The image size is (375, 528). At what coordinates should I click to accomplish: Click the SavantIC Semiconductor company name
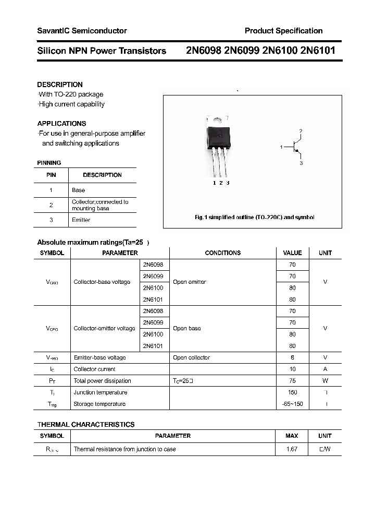[82, 31]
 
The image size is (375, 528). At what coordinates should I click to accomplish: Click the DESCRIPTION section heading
[60, 85]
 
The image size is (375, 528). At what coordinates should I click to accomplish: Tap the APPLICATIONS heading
[61, 124]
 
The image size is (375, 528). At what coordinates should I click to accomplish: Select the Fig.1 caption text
[254, 217]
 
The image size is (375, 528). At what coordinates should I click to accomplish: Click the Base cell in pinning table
[78, 190]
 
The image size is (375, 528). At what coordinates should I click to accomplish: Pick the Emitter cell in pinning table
[81, 220]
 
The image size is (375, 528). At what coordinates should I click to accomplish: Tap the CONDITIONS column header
[222, 253]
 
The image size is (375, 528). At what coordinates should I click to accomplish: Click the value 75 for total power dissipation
[292, 381]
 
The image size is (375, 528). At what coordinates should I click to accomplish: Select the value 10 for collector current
[292, 369]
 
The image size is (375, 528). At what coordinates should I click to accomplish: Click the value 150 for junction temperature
[292, 392]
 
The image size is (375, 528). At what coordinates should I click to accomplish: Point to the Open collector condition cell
[191, 358]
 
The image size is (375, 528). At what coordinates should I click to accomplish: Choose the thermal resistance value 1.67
[292, 449]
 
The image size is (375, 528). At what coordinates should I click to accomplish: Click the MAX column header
[292, 436]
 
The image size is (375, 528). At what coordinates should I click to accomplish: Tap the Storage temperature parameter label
[99, 404]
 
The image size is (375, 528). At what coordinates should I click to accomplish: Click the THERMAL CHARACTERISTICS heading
[86, 425]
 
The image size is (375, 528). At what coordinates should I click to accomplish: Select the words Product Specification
[283, 31]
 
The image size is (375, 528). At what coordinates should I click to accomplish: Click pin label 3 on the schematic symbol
[301, 163]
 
